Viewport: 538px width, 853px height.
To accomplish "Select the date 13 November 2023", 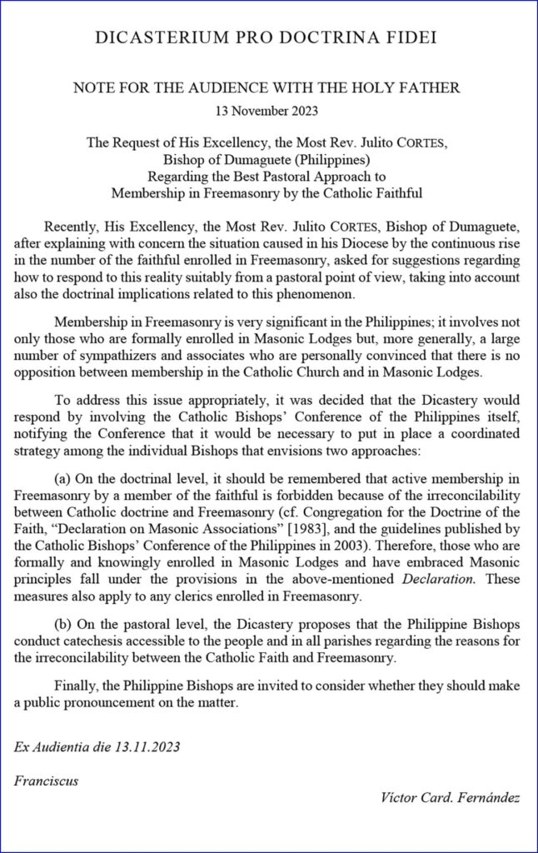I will (x=269, y=109).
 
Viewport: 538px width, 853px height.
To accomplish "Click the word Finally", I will (x=76, y=685).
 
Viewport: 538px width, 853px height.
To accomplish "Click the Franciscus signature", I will (x=46, y=781).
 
